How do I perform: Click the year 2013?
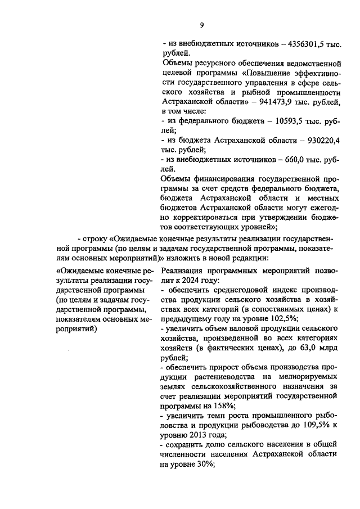[199, 436]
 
